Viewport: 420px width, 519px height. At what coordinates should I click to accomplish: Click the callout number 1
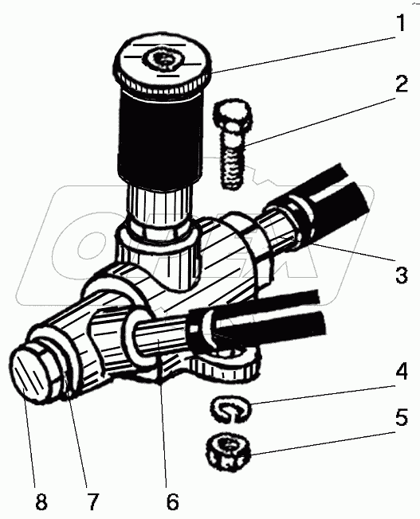click(x=402, y=22)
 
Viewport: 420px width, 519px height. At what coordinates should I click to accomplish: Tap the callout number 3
click(x=402, y=275)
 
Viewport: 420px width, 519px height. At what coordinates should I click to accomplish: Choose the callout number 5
click(x=401, y=417)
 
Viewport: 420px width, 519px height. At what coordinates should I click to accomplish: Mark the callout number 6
click(x=172, y=501)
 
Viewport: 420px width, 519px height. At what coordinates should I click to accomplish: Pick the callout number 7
click(x=92, y=501)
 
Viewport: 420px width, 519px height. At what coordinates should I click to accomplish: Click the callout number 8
click(x=41, y=501)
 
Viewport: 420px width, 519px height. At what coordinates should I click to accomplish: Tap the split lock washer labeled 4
click(x=230, y=409)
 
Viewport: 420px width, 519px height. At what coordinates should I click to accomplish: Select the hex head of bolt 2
click(x=232, y=115)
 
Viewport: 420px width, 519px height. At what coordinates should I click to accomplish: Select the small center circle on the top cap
click(x=163, y=60)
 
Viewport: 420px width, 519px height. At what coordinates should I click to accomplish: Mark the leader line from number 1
click(x=304, y=55)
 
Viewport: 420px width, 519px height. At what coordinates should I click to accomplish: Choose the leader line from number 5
click(x=322, y=443)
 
